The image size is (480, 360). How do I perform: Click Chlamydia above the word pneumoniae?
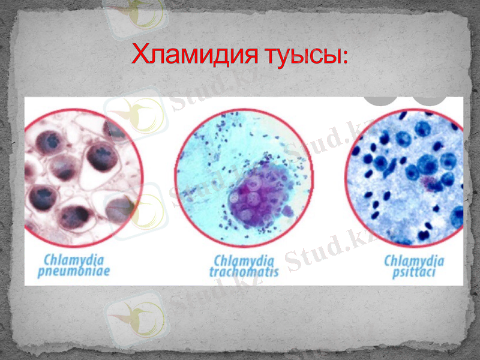(73, 260)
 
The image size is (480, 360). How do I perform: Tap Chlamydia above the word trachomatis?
(244, 260)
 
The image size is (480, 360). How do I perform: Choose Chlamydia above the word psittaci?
(414, 260)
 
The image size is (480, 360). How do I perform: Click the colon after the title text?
(343, 59)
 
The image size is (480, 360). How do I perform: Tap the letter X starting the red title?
(140, 56)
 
